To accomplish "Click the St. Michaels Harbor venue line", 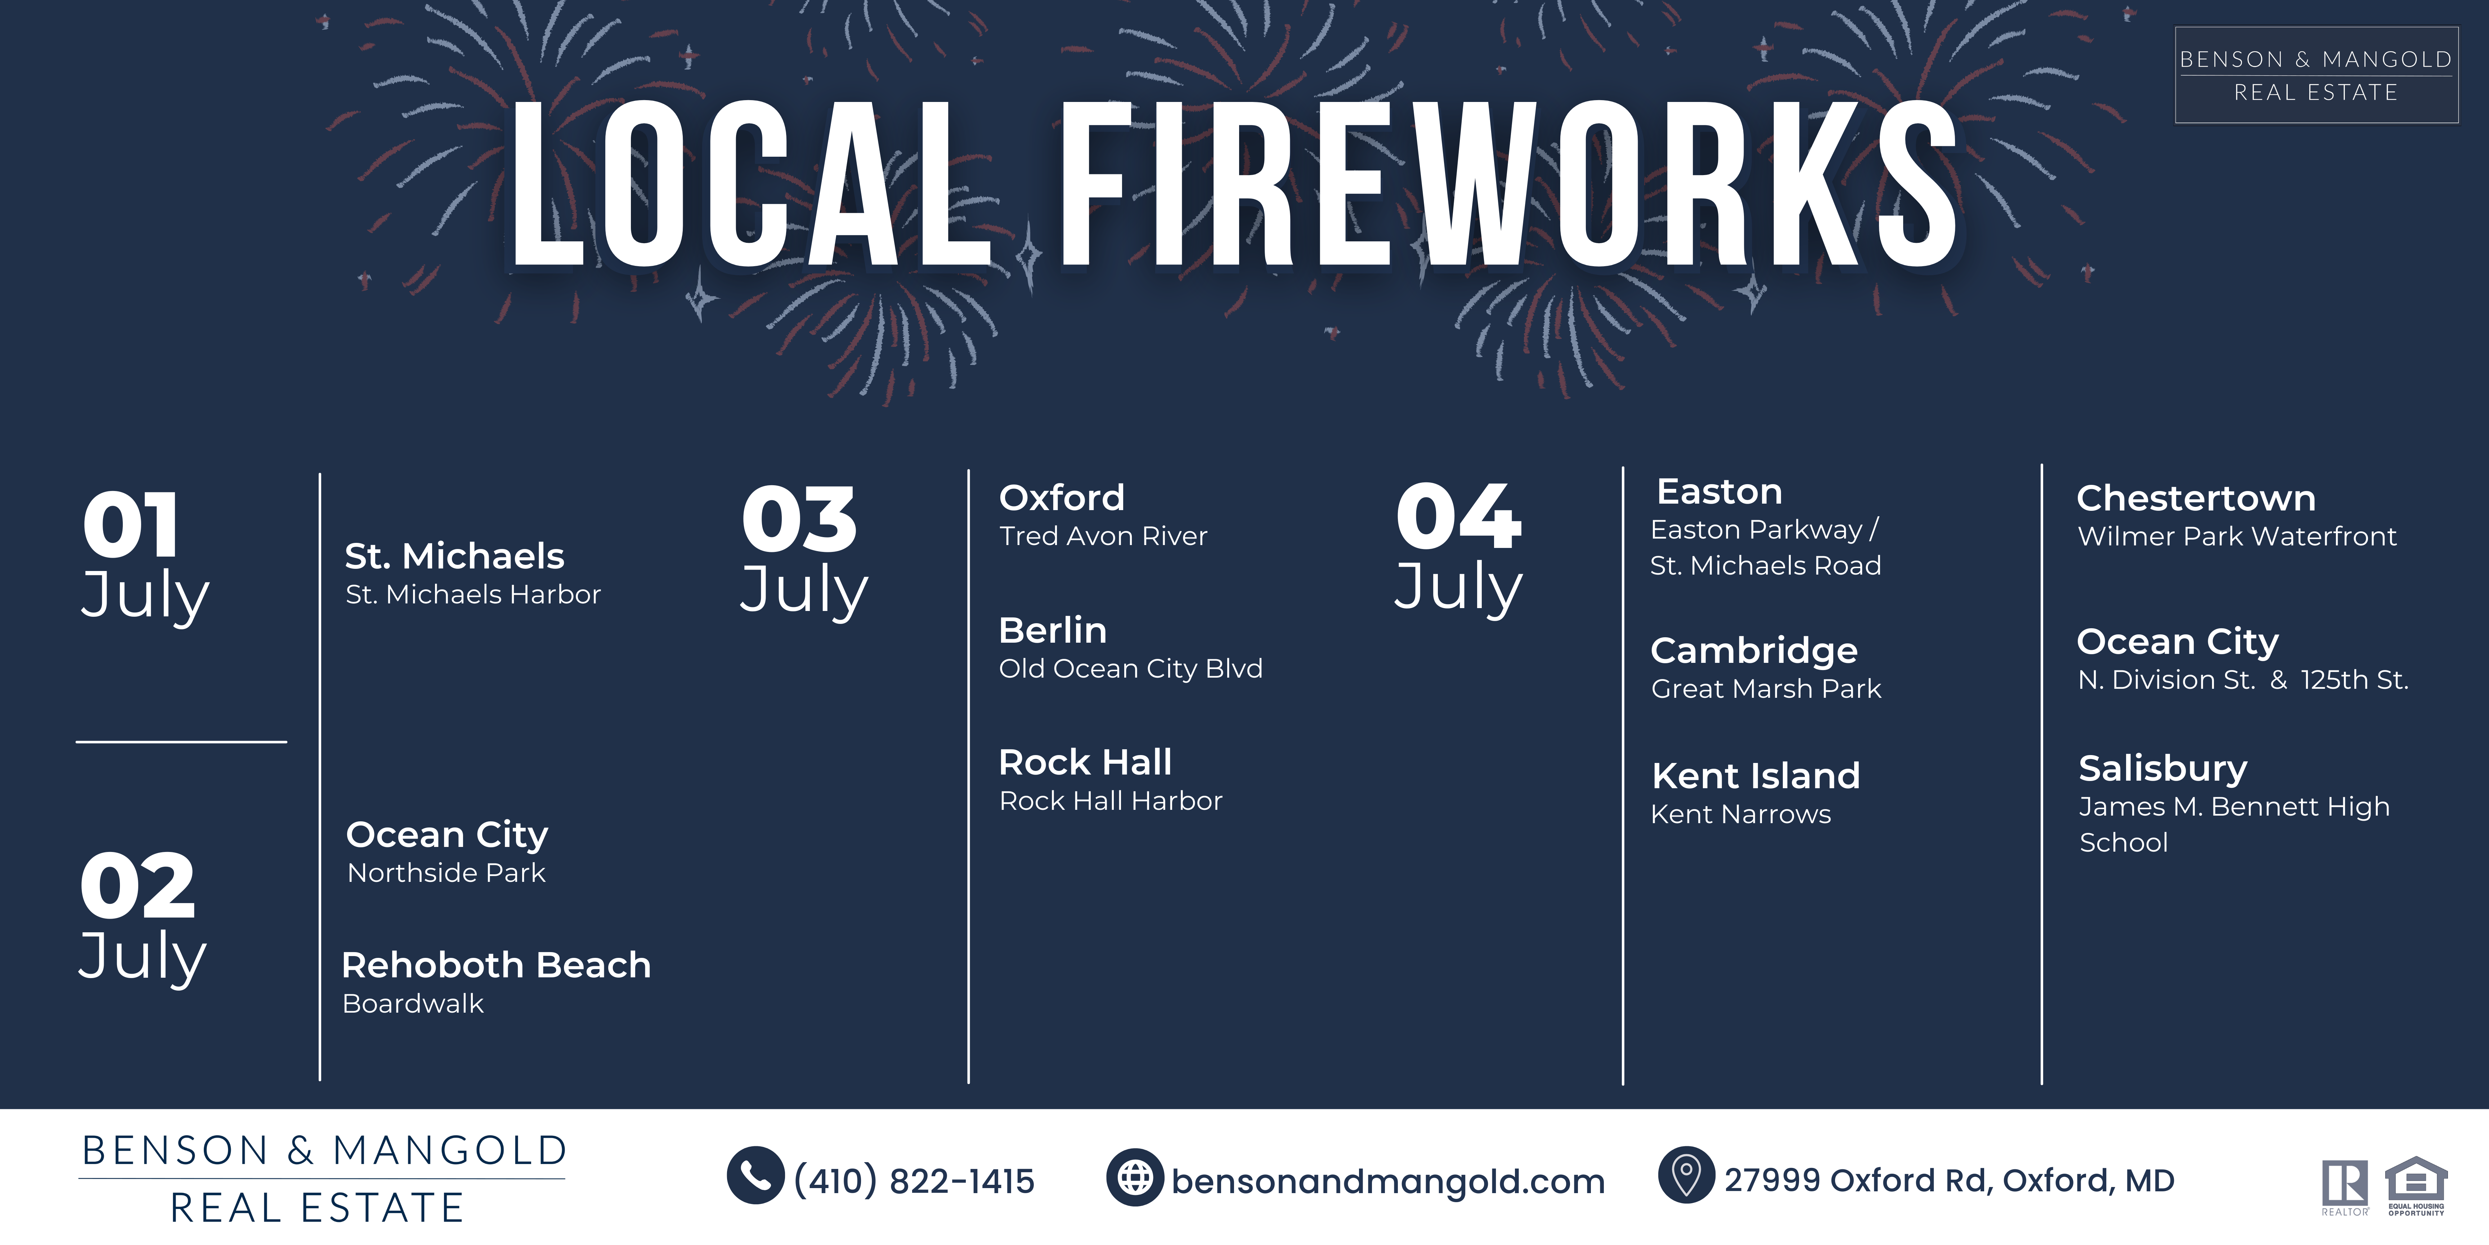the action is (474, 594).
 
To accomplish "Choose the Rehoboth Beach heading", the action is (497, 965).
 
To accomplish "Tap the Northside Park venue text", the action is (447, 873).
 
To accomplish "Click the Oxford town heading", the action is (1062, 498).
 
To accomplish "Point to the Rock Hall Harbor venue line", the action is (1111, 800).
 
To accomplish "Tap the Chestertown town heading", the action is (2196, 498).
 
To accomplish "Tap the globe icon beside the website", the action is (1135, 1177).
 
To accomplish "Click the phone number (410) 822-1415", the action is (914, 1180).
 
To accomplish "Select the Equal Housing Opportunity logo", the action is (2416, 1186).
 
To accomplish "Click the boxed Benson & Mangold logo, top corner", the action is (2316, 75).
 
